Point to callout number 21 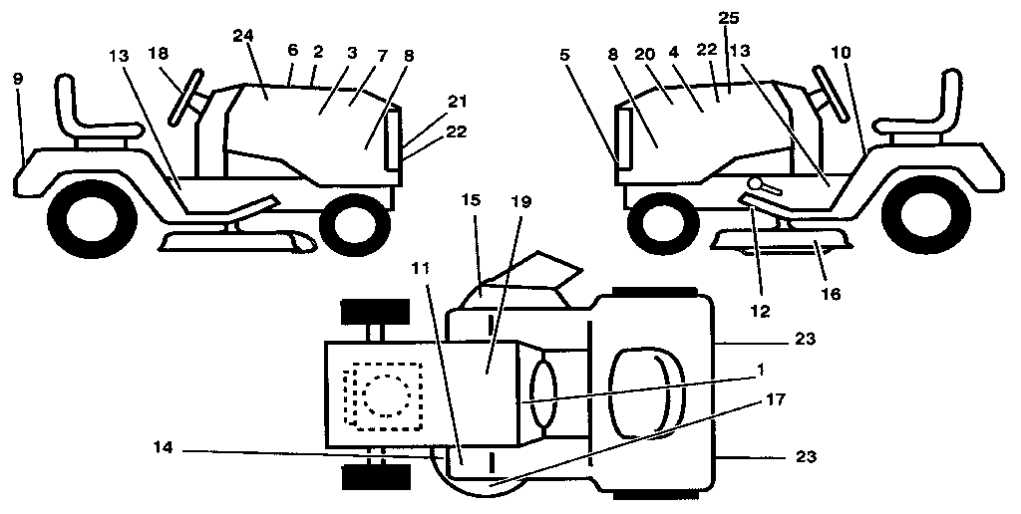(x=430, y=101)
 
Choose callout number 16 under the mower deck (x=831, y=294)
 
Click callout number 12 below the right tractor (x=761, y=312)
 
